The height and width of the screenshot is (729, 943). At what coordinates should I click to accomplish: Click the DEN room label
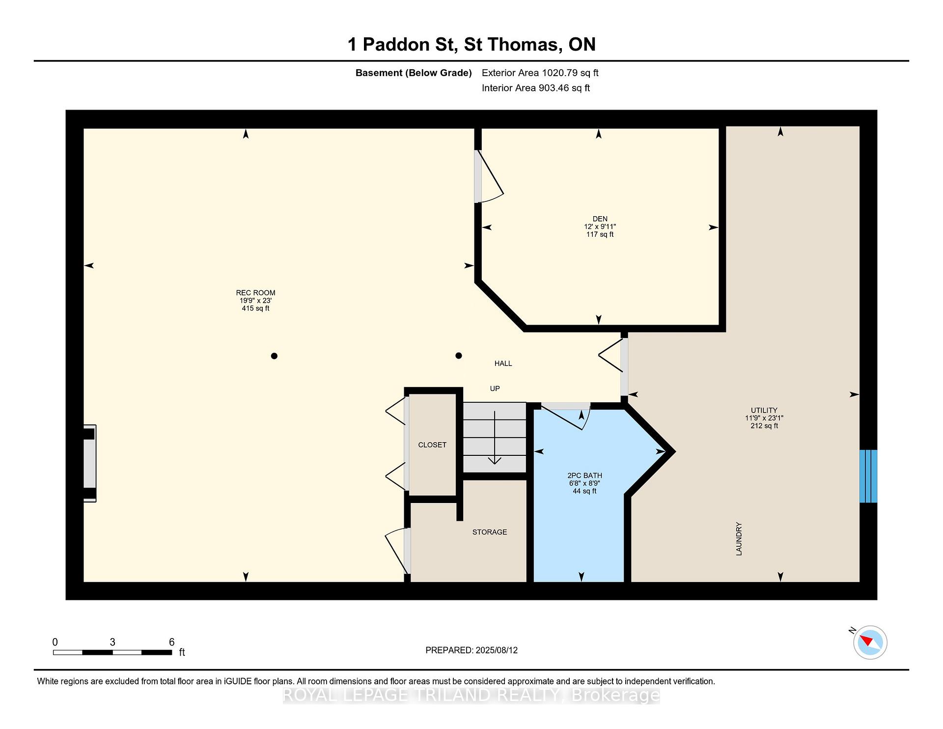click(600, 219)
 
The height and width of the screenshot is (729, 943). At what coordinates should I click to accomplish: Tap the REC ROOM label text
click(255, 293)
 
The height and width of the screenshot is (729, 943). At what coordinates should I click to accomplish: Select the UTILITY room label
click(764, 410)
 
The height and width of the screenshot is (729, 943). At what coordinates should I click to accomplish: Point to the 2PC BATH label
click(584, 476)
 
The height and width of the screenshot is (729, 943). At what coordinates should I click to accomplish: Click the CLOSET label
click(432, 445)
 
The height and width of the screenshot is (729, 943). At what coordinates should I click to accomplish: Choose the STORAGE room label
click(490, 532)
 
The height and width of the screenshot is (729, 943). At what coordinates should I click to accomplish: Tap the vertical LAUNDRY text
click(739, 539)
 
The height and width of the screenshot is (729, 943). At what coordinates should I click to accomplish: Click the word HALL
click(503, 364)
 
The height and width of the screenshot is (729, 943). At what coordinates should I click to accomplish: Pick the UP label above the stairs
click(495, 389)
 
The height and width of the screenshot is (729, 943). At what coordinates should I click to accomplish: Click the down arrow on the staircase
click(495, 437)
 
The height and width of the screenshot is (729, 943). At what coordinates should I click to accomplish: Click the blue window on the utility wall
click(868, 476)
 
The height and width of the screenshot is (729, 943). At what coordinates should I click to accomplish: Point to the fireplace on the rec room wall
click(89, 463)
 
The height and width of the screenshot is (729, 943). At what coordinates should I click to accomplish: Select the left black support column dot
click(274, 356)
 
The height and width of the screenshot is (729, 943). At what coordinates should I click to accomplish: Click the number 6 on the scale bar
click(171, 642)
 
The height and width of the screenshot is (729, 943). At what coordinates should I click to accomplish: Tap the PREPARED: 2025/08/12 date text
click(471, 650)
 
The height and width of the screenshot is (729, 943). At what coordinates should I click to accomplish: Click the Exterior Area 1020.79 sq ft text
click(540, 73)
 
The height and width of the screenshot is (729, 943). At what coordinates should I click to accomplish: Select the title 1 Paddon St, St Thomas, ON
click(471, 44)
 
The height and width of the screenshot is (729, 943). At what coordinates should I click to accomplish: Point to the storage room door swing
click(397, 551)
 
